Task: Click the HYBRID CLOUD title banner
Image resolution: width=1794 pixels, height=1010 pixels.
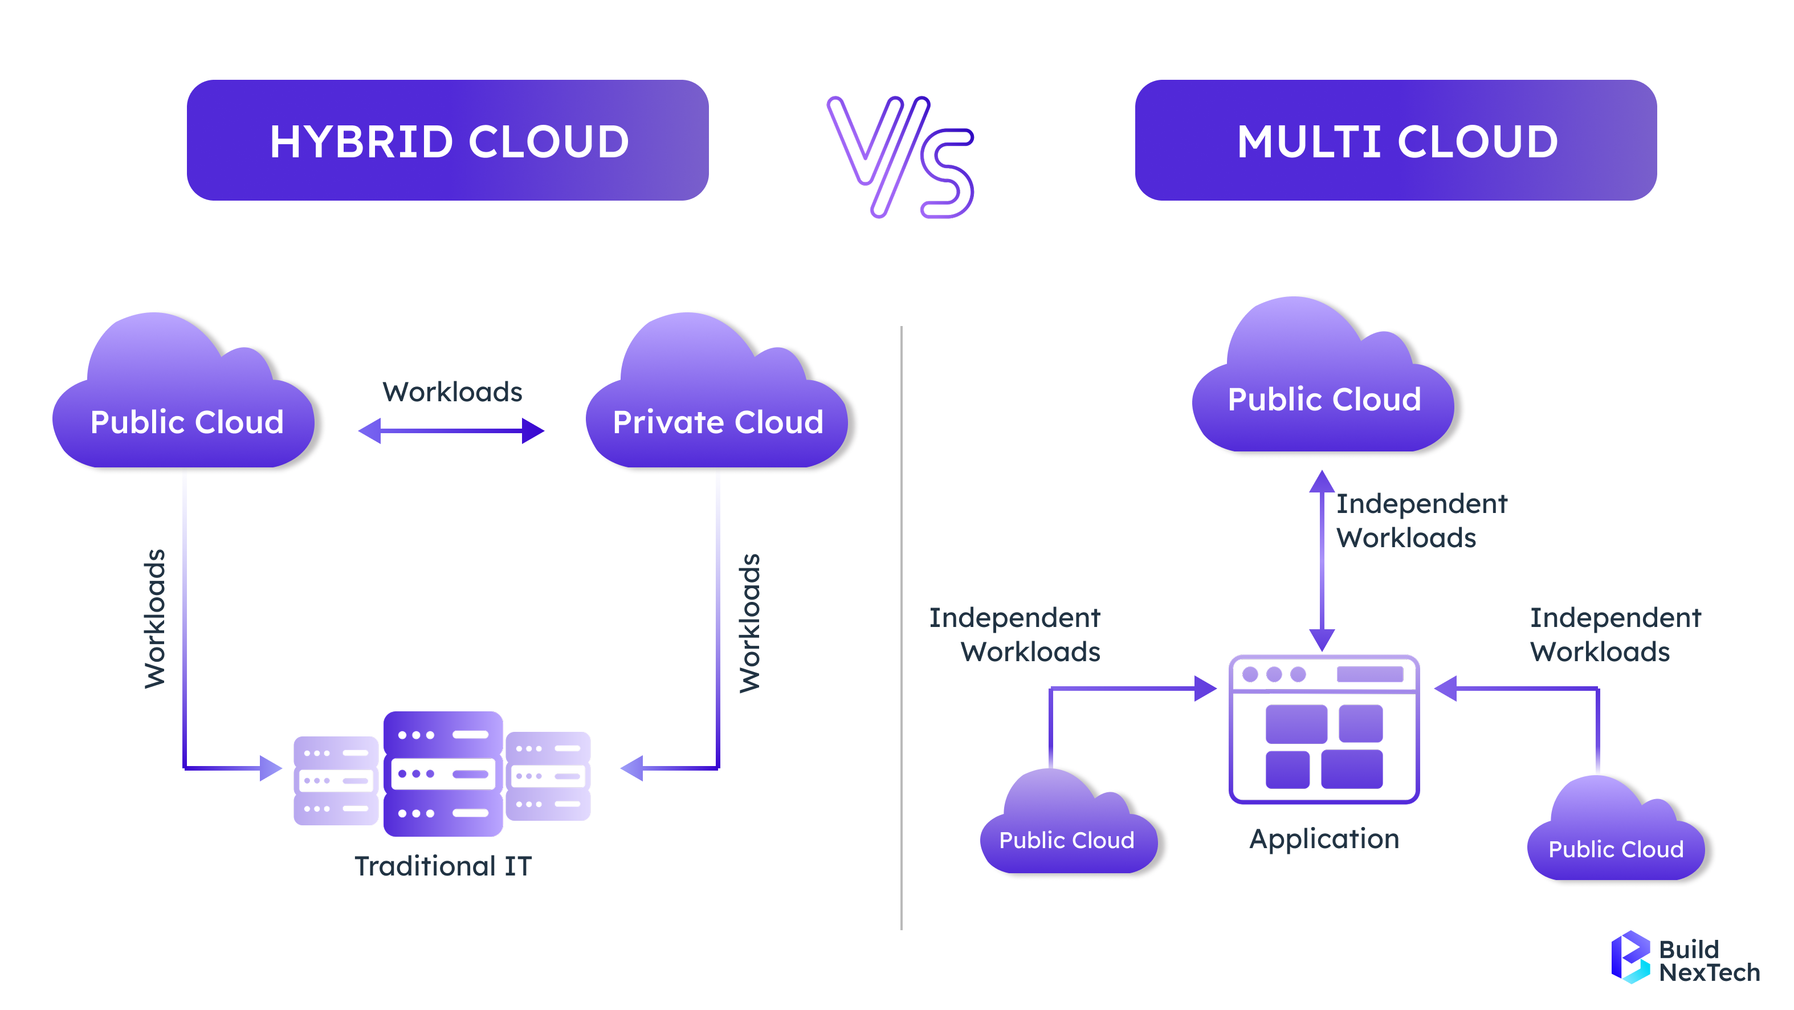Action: pos(447,141)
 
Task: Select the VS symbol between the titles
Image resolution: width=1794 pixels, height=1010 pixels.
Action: pos(900,157)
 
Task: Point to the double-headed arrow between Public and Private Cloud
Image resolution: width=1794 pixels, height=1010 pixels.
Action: pos(451,430)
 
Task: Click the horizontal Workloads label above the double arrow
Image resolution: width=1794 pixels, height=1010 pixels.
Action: pos(452,392)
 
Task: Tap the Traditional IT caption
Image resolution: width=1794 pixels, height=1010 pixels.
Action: pos(443,866)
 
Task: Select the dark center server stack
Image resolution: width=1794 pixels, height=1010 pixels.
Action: pos(443,773)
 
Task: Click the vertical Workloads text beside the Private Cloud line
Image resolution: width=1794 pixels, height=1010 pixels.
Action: pos(749,623)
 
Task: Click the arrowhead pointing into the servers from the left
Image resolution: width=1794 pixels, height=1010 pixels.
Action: pos(270,768)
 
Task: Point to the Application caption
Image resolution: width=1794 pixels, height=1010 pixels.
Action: pos(1324,838)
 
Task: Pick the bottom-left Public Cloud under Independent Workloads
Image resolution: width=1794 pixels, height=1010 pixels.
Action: pos(1067,829)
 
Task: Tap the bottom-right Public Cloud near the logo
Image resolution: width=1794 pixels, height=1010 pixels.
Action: pos(1616,836)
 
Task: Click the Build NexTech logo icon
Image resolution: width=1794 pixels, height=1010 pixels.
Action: pos(1630,957)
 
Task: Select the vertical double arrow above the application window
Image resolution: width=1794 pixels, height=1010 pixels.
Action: pos(1322,561)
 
